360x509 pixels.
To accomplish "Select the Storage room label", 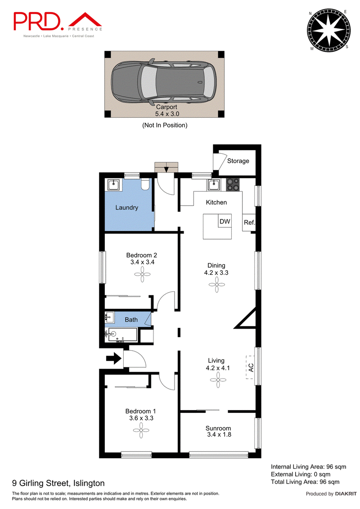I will [x=238, y=161].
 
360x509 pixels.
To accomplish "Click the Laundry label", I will [x=126, y=208].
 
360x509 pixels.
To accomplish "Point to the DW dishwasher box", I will [x=225, y=221].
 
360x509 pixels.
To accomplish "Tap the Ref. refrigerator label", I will [x=249, y=223].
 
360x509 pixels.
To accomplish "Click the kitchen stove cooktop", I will [x=233, y=184].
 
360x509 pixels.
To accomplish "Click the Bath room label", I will [x=131, y=320].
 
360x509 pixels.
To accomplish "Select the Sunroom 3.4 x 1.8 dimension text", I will [x=219, y=435].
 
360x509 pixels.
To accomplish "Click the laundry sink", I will [x=112, y=185].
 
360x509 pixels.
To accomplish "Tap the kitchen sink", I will [x=213, y=184].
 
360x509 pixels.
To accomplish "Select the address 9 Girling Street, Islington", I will [x=58, y=483].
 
